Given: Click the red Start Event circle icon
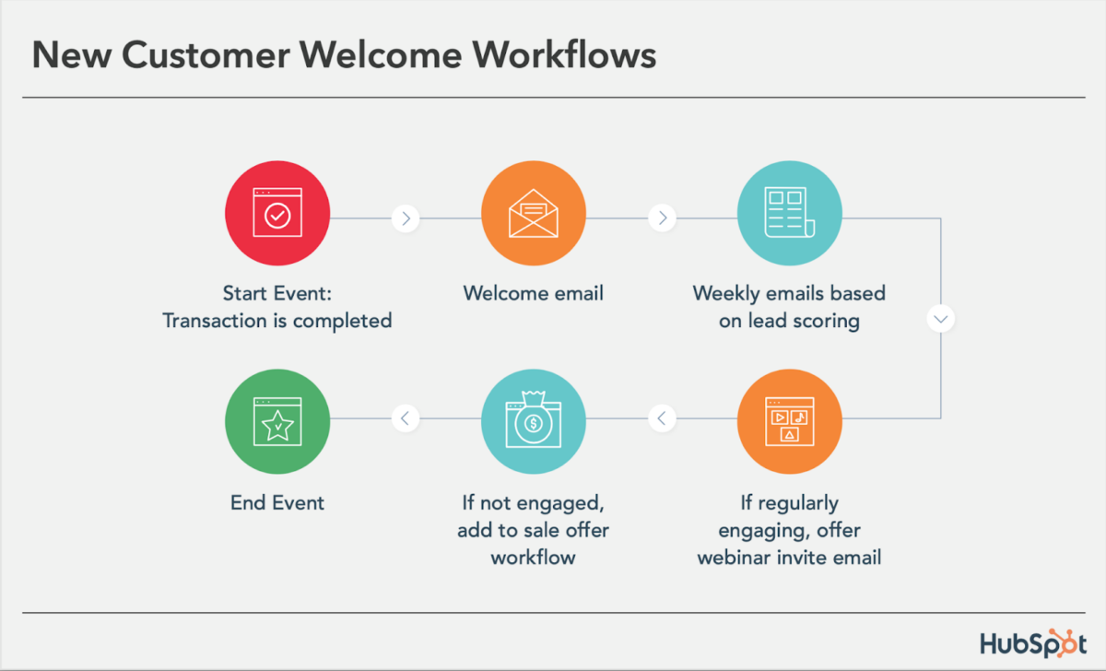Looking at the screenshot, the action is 277,213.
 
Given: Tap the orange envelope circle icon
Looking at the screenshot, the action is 534,213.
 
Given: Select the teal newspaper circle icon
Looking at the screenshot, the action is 790,213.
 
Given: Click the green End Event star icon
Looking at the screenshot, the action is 277,421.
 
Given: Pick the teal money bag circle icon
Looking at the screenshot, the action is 534,421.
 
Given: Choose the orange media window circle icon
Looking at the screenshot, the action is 790,421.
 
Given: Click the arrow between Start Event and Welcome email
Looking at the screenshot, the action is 406,218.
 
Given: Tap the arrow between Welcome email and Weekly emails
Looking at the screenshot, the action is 662,218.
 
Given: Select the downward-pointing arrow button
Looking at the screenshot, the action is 941,319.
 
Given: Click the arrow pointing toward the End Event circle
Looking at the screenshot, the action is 406,418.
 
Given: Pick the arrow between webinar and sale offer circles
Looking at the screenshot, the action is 662,418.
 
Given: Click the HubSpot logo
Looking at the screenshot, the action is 1033,643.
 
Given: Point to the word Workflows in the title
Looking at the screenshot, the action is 564,54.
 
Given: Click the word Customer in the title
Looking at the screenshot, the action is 206,54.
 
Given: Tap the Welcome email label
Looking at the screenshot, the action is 534,293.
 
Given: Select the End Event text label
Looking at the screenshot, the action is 277,502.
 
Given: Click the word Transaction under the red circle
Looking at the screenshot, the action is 215,321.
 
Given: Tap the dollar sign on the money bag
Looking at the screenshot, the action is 534,424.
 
